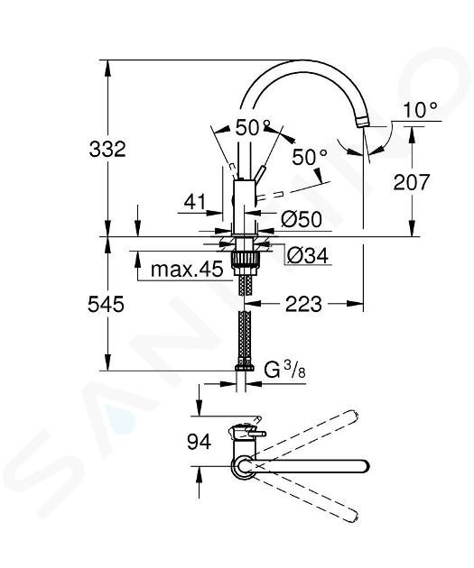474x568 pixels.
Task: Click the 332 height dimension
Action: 107,149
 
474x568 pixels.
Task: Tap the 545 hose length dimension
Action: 106,304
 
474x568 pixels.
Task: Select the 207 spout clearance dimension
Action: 412,182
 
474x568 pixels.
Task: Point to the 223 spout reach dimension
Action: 303,304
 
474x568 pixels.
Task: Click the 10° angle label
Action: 421,109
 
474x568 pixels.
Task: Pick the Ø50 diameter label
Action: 302,219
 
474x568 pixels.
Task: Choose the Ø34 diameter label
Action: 308,255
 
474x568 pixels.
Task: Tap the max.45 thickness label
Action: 187,270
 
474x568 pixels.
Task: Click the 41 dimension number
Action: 195,202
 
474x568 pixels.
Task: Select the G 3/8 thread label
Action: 284,370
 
